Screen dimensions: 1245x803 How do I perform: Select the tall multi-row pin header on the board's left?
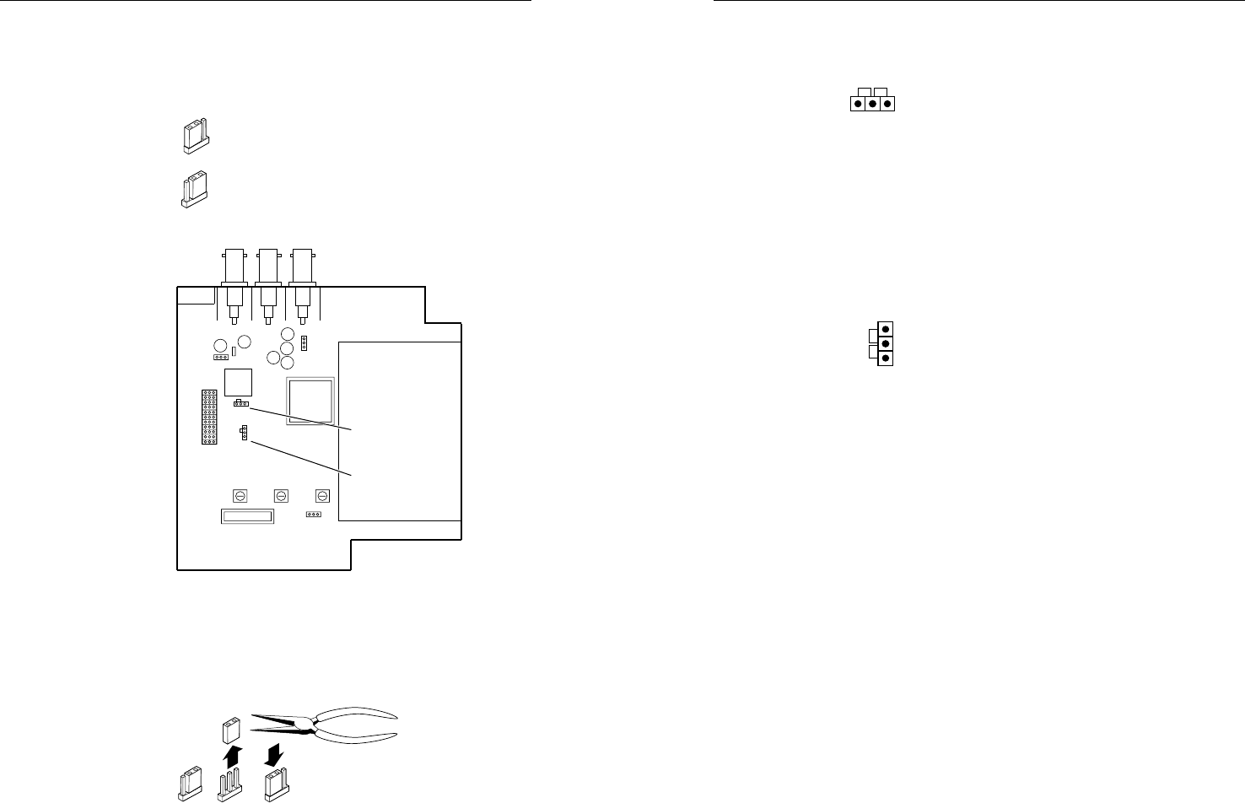(x=208, y=418)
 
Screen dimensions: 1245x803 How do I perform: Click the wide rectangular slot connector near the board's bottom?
(x=247, y=516)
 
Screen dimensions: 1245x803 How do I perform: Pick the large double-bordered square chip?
(x=310, y=401)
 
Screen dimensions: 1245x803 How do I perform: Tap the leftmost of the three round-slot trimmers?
(x=240, y=495)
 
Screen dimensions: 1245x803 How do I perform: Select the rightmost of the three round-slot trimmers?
(x=322, y=495)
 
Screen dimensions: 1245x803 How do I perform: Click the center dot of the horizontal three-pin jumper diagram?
(x=872, y=105)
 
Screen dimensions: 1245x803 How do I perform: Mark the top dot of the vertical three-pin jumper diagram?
(x=885, y=328)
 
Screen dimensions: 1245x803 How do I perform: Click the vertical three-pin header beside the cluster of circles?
(x=305, y=343)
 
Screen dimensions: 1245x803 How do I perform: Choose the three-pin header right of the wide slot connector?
(x=314, y=514)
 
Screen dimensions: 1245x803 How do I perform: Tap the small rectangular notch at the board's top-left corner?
(x=196, y=295)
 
